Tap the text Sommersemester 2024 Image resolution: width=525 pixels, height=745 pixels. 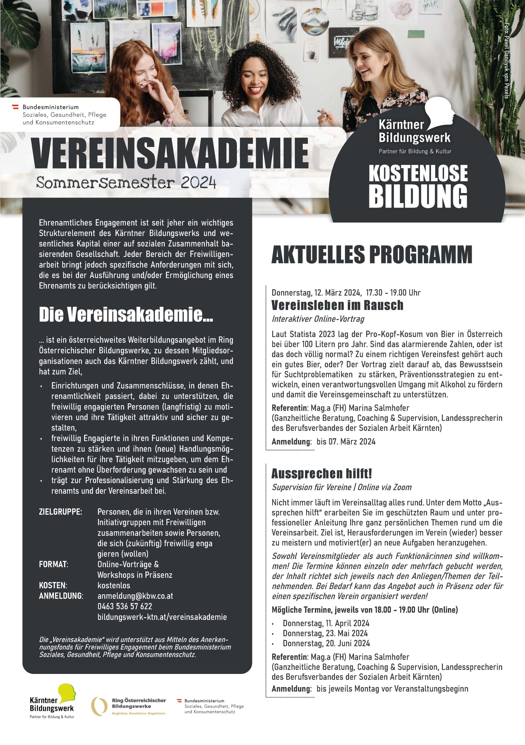coord(126,183)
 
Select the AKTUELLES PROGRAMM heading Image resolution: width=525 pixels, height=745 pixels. coord(372,255)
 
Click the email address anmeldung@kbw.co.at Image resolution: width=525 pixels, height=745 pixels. coord(135,596)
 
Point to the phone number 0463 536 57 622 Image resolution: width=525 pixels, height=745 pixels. coord(125,606)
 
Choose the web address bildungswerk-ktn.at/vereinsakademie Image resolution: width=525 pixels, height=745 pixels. coord(162,617)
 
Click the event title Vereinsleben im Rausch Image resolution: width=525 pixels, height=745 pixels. coord(337,305)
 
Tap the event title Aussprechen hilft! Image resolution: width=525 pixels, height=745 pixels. coord(321,474)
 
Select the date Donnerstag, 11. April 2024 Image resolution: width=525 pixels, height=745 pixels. coord(326,623)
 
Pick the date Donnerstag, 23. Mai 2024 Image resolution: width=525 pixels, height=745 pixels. coord(325,633)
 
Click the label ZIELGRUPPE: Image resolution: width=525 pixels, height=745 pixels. coord(60,512)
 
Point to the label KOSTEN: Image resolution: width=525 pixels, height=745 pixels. coord(53,586)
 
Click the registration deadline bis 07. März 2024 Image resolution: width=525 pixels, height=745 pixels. coord(346,441)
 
